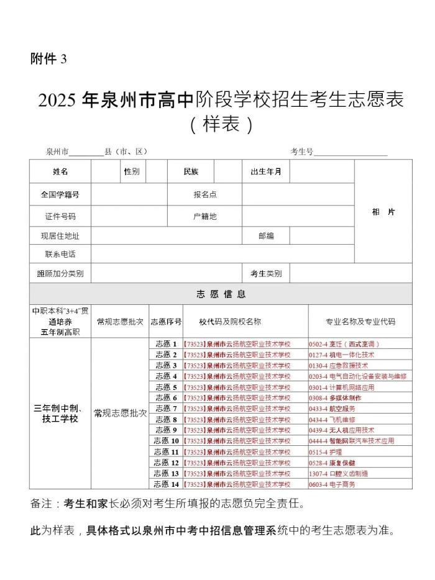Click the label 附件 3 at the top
48,59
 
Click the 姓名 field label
60,171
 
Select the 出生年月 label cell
265,171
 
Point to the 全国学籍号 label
60,194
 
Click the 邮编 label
266,236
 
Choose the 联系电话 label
60,254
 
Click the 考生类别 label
266,273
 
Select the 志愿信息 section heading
221,294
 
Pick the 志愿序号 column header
166,322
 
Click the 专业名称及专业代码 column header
360,322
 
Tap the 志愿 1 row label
166,343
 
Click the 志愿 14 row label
166,484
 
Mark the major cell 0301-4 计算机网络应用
342,387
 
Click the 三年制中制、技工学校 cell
60,414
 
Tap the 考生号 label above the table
301,152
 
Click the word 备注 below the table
42,503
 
